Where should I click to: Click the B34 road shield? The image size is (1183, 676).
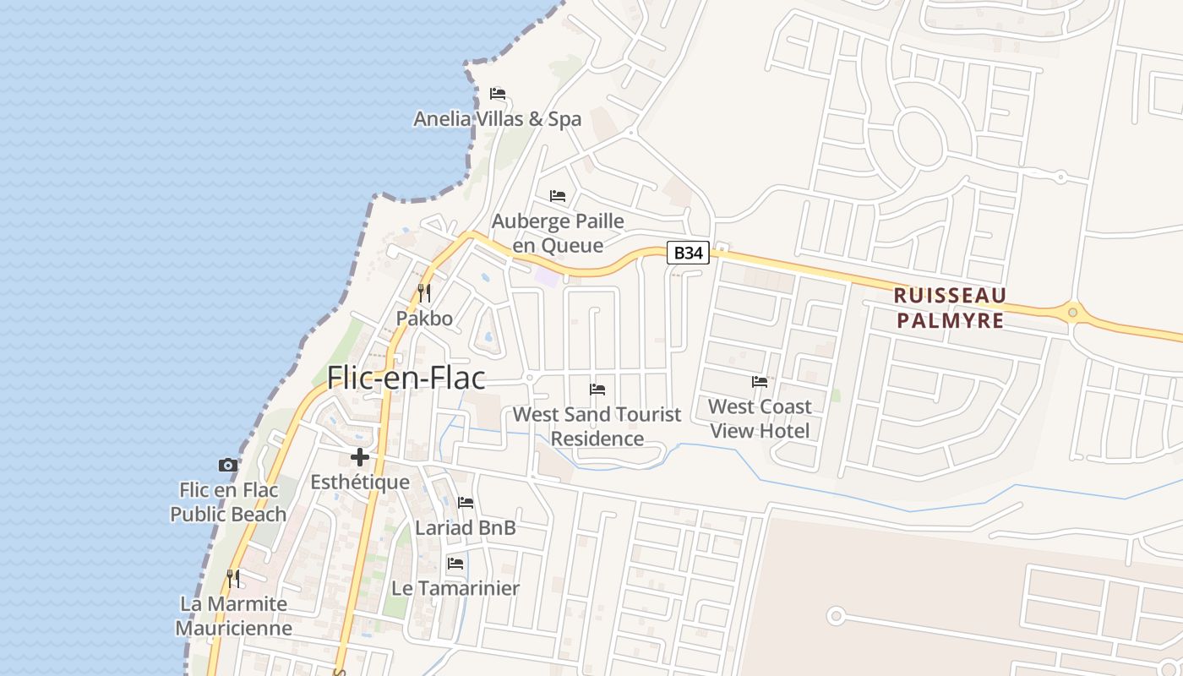point(688,253)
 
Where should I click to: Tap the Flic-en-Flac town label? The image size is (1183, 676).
point(406,378)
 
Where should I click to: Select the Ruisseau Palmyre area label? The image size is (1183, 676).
point(951,308)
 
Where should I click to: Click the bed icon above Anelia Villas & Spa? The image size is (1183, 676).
point(498,94)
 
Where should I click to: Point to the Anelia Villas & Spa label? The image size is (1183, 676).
point(497,119)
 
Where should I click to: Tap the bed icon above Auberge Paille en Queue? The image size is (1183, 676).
point(558,196)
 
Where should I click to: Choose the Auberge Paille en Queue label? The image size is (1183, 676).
point(558,233)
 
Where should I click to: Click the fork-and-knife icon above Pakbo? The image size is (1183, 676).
point(424,293)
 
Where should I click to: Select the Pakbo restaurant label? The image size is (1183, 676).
point(424,319)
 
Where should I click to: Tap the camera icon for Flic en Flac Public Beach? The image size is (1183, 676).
point(228,465)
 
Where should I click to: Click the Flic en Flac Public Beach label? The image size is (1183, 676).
point(228,502)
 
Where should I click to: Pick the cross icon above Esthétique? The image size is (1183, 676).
point(360,457)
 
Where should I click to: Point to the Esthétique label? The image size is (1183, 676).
point(360,482)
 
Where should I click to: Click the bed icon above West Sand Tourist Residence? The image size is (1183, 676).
point(597,390)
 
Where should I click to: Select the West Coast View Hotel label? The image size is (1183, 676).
point(760,418)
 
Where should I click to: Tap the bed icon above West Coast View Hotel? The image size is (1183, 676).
point(760,382)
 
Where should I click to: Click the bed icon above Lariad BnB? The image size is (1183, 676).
point(466,503)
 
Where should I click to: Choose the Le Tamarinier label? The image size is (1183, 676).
point(455,588)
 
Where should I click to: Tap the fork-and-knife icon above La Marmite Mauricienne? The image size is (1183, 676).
point(233,579)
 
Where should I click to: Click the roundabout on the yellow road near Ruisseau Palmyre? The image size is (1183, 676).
point(1072,313)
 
